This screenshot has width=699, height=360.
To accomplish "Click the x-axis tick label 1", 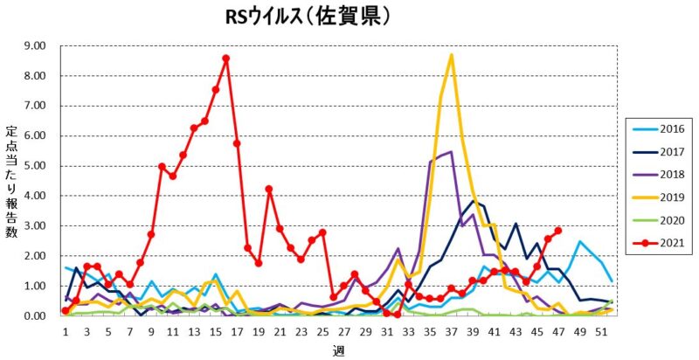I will pos(66,332).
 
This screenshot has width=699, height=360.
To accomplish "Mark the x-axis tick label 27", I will pos(343,332).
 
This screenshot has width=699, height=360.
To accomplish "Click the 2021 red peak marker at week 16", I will pos(226,59).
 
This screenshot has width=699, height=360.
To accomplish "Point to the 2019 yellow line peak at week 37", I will pos(451,56).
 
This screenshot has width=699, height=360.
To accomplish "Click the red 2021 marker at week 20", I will pos(269,189).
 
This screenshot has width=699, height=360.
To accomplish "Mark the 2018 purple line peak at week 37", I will pos(451,153).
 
